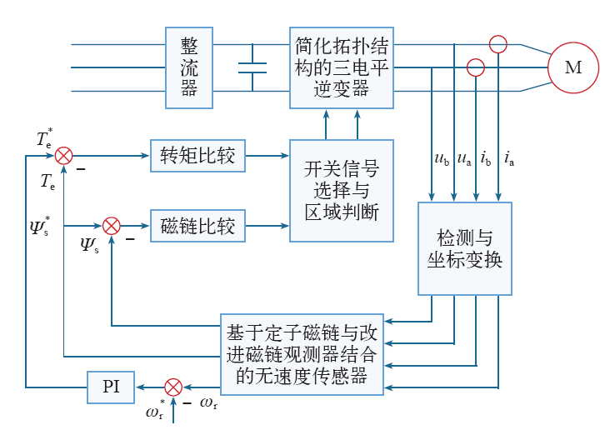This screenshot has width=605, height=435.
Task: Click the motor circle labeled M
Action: [x=572, y=67]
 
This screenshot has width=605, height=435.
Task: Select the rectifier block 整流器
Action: [x=190, y=67]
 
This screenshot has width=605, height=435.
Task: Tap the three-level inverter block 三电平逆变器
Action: [x=342, y=67]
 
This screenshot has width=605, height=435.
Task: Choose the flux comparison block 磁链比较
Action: [x=198, y=225]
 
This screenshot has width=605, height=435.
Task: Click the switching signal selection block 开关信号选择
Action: [x=342, y=191]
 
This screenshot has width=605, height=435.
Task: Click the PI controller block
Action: [x=111, y=387]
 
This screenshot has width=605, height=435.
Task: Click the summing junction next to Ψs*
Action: [x=112, y=225]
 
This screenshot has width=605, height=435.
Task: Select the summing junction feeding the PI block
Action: [x=172, y=387]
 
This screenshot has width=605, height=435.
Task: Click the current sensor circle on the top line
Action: [x=497, y=44]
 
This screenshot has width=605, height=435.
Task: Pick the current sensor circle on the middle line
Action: [x=475, y=67]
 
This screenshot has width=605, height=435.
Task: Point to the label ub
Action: [x=442, y=158]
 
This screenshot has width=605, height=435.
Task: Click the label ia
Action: [x=508, y=158]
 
